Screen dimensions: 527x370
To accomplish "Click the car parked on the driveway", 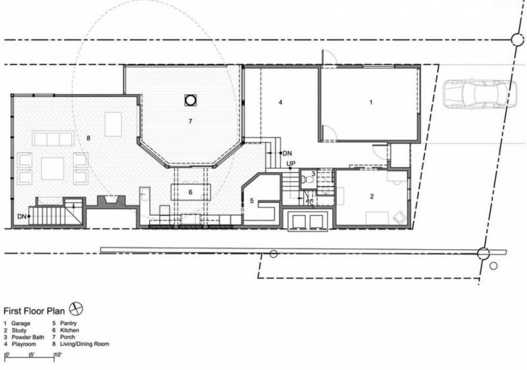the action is [x=480, y=94].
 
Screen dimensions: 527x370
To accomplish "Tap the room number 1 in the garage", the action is [x=371, y=102].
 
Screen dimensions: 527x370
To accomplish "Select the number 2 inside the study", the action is [x=372, y=196].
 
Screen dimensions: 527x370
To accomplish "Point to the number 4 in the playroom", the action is [x=281, y=102].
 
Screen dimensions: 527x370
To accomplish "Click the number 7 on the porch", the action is [x=190, y=121].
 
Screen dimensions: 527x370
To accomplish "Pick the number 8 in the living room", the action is [x=88, y=138].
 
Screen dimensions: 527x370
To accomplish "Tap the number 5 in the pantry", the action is [x=252, y=200].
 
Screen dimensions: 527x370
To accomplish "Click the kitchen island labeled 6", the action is [x=190, y=192].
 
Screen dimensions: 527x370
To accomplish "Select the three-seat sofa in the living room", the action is [x=53, y=139].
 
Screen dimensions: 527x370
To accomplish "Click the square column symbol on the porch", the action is [x=190, y=100].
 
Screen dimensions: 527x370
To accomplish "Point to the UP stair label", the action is [x=291, y=164].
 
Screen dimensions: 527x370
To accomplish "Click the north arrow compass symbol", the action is [x=76, y=309].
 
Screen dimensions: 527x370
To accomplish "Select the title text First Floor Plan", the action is [x=34, y=311].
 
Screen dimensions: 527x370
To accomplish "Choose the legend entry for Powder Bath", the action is [x=24, y=337].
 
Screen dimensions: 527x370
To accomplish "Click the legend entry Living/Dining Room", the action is [x=80, y=344].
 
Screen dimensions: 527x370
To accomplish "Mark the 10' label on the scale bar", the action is [x=58, y=355].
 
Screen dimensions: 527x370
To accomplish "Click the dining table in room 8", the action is [x=113, y=124].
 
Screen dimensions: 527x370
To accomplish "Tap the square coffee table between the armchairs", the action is [x=53, y=169].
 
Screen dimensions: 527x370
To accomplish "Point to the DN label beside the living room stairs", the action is [x=22, y=216].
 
